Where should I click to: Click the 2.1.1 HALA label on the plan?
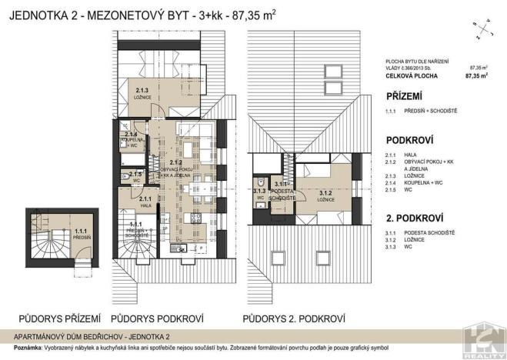click(145, 202)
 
